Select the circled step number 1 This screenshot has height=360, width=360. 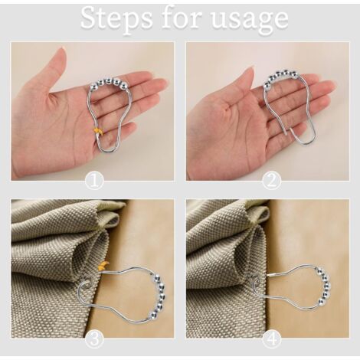94,181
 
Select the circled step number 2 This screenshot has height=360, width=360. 272,181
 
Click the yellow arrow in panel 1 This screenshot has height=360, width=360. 98,131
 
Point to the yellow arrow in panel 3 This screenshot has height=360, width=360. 103,266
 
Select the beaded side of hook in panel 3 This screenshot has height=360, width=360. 160,296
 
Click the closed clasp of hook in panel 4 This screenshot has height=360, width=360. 272,276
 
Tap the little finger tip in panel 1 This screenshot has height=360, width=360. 132,126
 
